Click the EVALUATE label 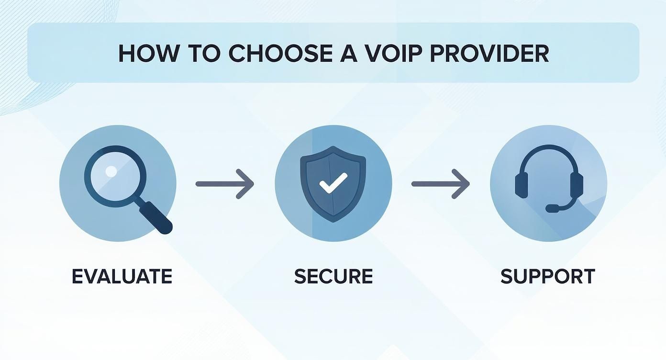tap(122, 277)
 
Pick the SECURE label tap(333, 277)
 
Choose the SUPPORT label tap(548, 277)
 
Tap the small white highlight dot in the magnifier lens tap(111, 171)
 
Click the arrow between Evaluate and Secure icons tap(224, 183)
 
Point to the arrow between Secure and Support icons tap(440, 183)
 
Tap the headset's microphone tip tap(552, 209)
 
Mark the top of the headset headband tap(549, 149)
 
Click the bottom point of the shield tap(333, 221)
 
